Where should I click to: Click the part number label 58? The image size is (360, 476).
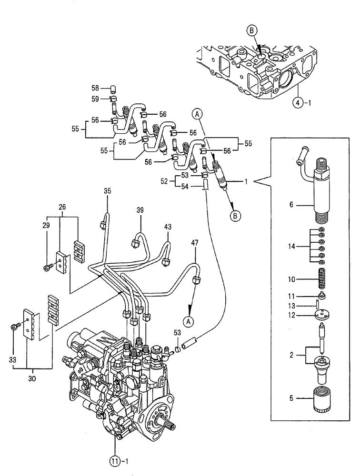coord(95,88)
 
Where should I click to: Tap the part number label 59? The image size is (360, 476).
coord(95,99)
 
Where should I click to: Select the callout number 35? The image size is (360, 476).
coord(107,191)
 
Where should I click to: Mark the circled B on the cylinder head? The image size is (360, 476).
coord(252,31)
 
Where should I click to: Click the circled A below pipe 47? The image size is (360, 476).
coord(189,322)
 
